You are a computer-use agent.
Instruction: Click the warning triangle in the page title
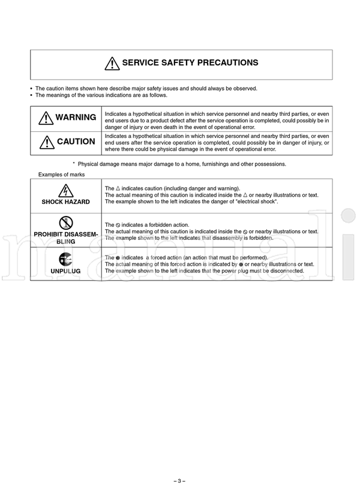(x=112, y=63)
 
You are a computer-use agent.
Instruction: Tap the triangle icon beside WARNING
(x=46, y=118)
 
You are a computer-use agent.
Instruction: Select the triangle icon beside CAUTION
(x=46, y=142)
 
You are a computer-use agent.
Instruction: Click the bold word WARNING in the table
(x=76, y=118)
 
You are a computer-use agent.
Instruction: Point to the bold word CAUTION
(x=76, y=142)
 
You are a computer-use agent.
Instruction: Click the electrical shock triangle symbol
(x=66, y=190)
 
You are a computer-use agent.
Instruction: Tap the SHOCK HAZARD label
(x=66, y=202)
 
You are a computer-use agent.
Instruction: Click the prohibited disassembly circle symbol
(x=66, y=223)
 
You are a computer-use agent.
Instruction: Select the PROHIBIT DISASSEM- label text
(x=66, y=234)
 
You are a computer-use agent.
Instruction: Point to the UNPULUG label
(x=66, y=271)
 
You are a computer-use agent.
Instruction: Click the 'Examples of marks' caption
(x=62, y=175)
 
